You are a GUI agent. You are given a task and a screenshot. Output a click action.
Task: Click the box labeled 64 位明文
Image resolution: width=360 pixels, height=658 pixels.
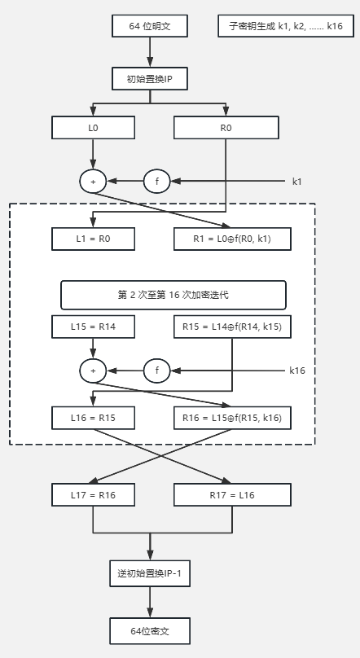click(149, 26)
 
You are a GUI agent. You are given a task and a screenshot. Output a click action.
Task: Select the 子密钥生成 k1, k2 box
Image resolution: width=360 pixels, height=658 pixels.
click(286, 26)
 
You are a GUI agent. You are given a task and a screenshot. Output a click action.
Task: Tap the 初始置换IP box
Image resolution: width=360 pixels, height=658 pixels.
click(149, 78)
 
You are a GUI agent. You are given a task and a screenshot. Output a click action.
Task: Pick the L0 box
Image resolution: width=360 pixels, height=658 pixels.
click(93, 128)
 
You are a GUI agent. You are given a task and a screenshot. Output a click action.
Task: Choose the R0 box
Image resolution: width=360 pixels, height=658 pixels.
click(226, 128)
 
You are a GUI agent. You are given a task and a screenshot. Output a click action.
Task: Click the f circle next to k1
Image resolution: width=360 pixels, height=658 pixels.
click(157, 182)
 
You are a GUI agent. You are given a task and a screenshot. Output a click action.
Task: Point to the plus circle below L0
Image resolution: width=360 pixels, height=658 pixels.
click(93, 182)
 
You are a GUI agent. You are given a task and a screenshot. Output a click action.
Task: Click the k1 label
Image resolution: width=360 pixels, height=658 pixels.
click(297, 182)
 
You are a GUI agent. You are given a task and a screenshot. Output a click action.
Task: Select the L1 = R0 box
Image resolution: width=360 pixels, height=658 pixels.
click(93, 239)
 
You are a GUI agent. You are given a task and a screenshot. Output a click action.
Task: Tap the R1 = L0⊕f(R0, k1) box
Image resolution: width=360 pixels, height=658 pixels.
click(232, 239)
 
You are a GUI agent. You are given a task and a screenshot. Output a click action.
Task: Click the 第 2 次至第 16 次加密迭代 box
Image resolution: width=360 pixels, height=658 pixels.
click(173, 295)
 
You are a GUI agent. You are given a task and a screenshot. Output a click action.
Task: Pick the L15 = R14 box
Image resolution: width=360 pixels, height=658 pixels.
click(93, 327)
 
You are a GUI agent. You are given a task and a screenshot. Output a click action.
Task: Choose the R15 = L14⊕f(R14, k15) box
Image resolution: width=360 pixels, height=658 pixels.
click(232, 327)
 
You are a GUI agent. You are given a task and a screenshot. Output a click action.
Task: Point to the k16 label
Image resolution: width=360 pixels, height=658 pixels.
click(297, 371)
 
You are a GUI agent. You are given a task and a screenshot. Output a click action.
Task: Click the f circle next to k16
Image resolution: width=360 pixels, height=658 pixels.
click(157, 371)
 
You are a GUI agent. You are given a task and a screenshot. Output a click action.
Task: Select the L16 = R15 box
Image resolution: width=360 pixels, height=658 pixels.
click(93, 418)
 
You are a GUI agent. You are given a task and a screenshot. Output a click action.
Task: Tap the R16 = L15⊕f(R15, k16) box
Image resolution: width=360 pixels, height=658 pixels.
click(232, 418)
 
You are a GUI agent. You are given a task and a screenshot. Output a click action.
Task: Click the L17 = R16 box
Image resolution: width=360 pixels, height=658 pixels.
click(93, 495)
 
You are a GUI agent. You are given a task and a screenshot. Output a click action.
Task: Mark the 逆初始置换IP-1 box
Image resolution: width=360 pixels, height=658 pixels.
click(150, 573)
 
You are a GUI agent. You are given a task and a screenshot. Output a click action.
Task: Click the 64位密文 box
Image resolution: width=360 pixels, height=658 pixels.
click(150, 631)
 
